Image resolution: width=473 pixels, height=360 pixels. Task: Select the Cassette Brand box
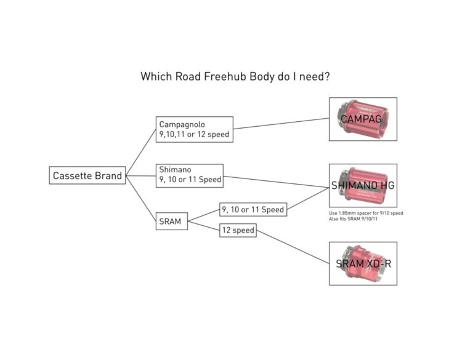pyautogui.click(x=87, y=175)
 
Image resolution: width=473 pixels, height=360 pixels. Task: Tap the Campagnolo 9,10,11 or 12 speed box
pyautogui.click(x=195, y=129)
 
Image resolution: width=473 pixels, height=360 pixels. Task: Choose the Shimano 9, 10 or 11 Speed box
pyautogui.click(x=190, y=175)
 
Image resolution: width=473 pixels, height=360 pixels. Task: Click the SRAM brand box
pyautogui.click(x=171, y=222)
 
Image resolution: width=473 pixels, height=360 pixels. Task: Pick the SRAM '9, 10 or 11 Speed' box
pyautogui.click(x=253, y=210)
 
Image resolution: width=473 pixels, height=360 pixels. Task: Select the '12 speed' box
pyautogui.click(x=237, y=231)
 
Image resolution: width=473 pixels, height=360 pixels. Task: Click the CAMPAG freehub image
pyautogui.click(x=363, y=119)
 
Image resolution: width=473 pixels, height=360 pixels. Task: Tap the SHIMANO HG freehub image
pyautogui.click(x=363, y=185)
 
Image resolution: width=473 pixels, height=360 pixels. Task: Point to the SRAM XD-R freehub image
pyautogui.click(x=363, y=263)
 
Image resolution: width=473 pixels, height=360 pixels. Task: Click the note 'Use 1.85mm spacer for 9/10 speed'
pyautogui.click(x=366, y=213)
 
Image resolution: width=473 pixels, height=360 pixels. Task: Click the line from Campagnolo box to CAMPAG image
pyautogui.click(x=280, y=124)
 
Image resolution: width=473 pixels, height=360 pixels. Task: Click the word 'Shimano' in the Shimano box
pyautogui.click(x=174, y=170)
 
